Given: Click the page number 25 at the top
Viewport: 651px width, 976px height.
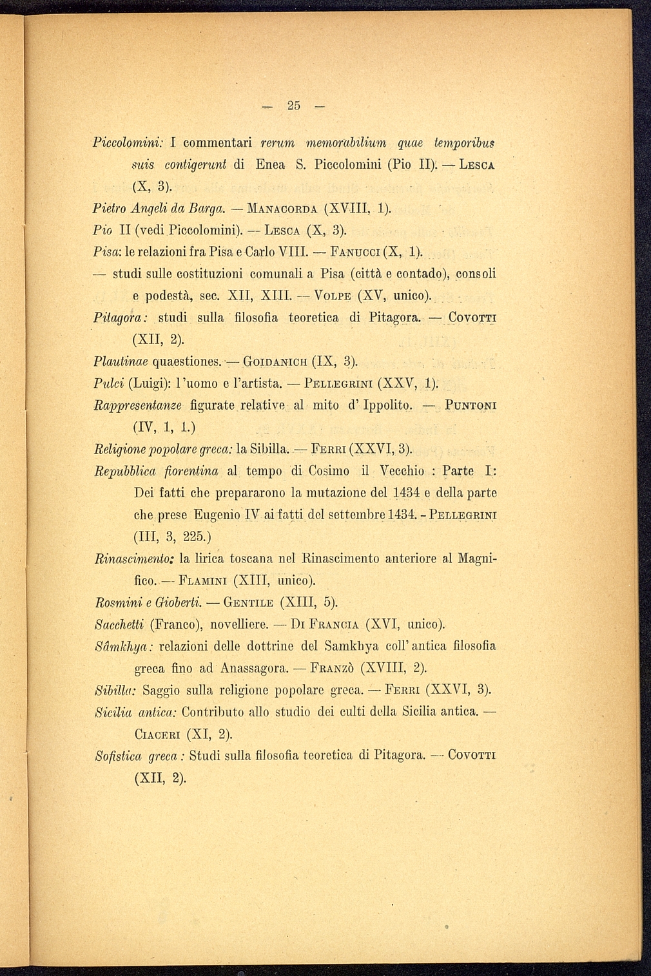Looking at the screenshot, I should point(295,106).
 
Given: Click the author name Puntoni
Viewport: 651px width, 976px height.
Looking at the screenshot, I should point(470,405).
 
